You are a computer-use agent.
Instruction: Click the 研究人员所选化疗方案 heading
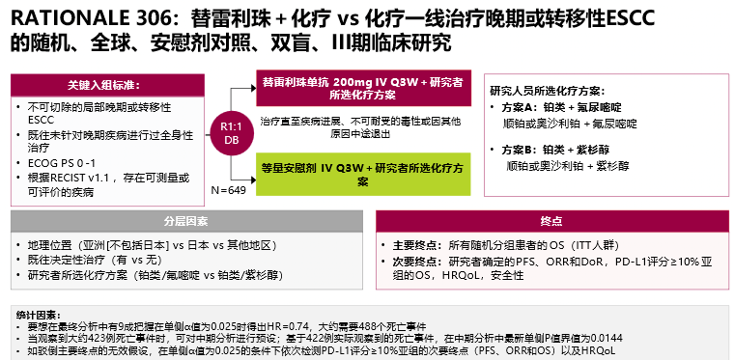550,89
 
